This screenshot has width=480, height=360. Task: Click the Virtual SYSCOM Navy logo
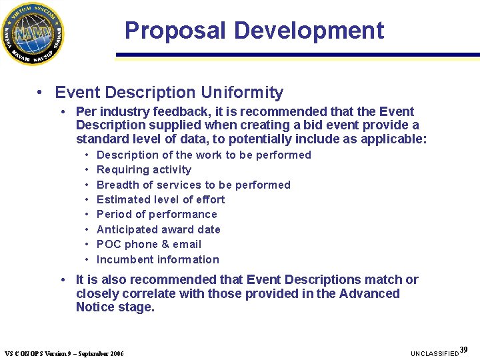pyautogui.click(x=33, y=33)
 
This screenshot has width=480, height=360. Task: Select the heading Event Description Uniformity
pyautogui.click(x=169, y=93)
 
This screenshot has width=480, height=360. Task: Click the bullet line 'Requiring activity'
pyautogui.click(x=143, y=170)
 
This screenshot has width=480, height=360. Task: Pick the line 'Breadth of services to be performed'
pyautogui.click(x=193, y=185)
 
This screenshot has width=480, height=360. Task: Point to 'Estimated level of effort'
pyautogui.click(x=161, y=199)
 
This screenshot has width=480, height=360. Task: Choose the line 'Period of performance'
pyautogui.click(x=157, y=214)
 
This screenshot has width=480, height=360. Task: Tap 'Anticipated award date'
pyautogui.click(x=158, y=229)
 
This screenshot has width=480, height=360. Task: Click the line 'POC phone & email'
pyautogui.click(x=149, y=244)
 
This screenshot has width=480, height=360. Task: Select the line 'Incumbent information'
pyautogui.click(x=157, y=259)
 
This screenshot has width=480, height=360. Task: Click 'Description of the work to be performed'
pyautogui.click(x=204, y=155)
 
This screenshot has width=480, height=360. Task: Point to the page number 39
pyautogui.click(x=464, y=350)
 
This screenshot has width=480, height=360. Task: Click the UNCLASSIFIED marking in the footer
pyautogui.click(x=435, y=353)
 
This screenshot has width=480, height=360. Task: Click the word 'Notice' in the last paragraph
pyautogui.click(x=97, y=307)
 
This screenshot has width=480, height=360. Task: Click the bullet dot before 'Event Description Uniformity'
pyautogui.click(x=41, y=93)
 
